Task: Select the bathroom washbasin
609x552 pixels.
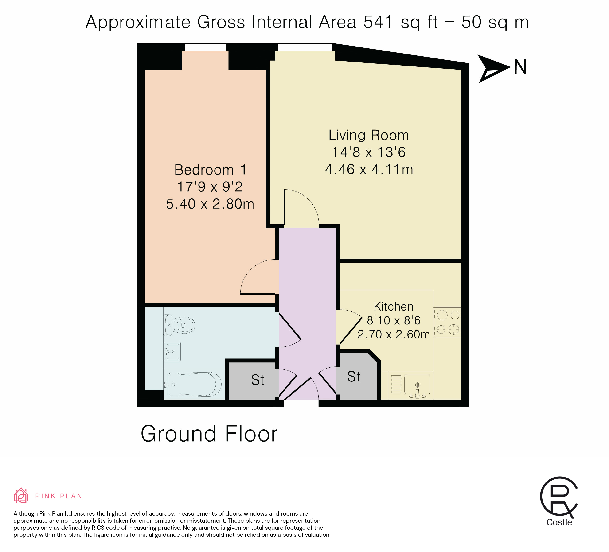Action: [x=172, y=351]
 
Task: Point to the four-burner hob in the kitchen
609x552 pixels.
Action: [x=448, y=322]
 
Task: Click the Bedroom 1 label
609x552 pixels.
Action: [x=211, y=170]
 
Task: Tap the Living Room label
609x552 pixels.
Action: [x=369, y=135]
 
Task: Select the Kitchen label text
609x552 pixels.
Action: [x=393, y=307]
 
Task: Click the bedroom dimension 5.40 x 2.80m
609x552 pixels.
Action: [x=210, y=204]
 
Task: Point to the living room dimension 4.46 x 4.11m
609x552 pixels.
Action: [x=369, y=169]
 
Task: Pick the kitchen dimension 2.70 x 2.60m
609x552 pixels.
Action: [x=394, y=334]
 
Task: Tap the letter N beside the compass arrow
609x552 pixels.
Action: [x=520, y=67]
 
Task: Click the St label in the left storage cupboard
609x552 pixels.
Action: [x=258, y=380]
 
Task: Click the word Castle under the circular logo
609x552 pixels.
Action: [x=559, y=522]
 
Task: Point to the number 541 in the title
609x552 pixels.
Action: [x=378, y=22]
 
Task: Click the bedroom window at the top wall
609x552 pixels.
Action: [x=205, y=47]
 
